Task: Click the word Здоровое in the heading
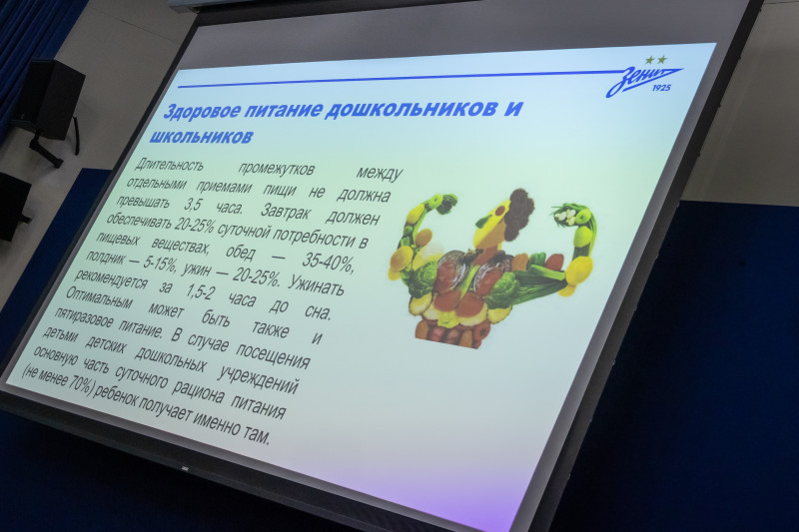pos(205,108)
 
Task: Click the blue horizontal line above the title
pos(399,78)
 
